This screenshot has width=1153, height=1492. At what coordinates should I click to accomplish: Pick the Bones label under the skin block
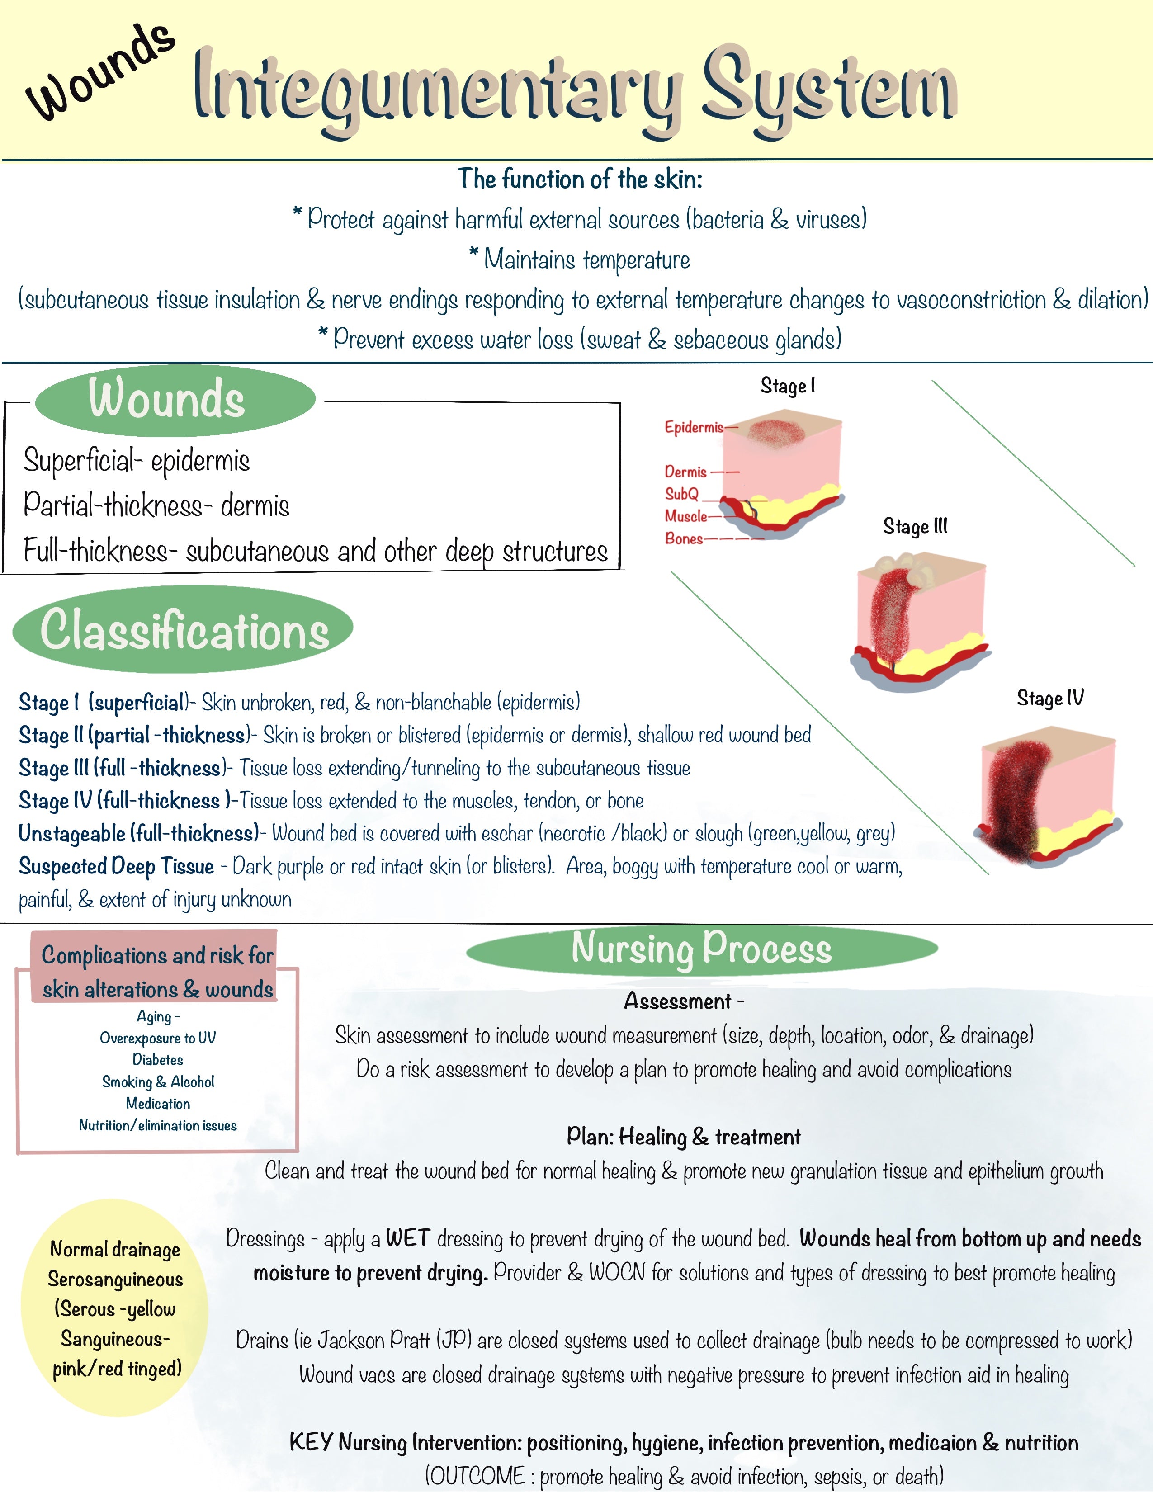[x=684, y=538]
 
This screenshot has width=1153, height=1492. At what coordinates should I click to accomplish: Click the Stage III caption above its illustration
[x=915, y=526]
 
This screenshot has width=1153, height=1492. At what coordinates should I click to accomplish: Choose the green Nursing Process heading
[x=701, y=948]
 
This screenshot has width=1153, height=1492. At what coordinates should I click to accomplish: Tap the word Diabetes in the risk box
[x=158, y=1060]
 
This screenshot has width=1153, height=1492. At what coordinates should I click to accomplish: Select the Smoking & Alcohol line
[x=158, y=1081]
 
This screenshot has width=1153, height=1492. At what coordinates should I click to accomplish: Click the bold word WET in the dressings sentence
[x=408, y=1238]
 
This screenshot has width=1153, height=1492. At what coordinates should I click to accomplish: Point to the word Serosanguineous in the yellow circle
[x=115, y=1279]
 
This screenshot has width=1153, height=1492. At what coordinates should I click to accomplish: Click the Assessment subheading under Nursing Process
[x=678, y=1001]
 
